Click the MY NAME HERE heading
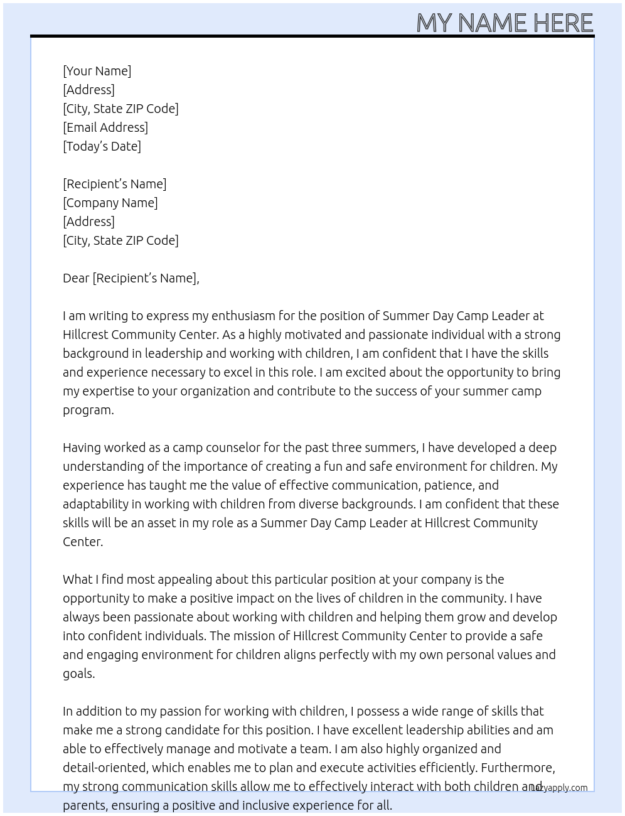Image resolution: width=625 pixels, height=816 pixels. coord(505,23)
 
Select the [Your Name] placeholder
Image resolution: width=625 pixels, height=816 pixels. coord(97,71)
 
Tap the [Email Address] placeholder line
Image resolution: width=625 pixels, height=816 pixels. coord(105,127)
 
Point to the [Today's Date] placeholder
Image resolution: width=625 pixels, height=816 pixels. coord(102,146)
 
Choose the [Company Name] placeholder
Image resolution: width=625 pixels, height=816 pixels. coord(110,203)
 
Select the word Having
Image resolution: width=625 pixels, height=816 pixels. coord(82,448)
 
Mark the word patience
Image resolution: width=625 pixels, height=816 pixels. coord(448,485)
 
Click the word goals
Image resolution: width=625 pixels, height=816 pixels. coord(78,674)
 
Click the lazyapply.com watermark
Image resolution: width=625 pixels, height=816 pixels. coord(560,788)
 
